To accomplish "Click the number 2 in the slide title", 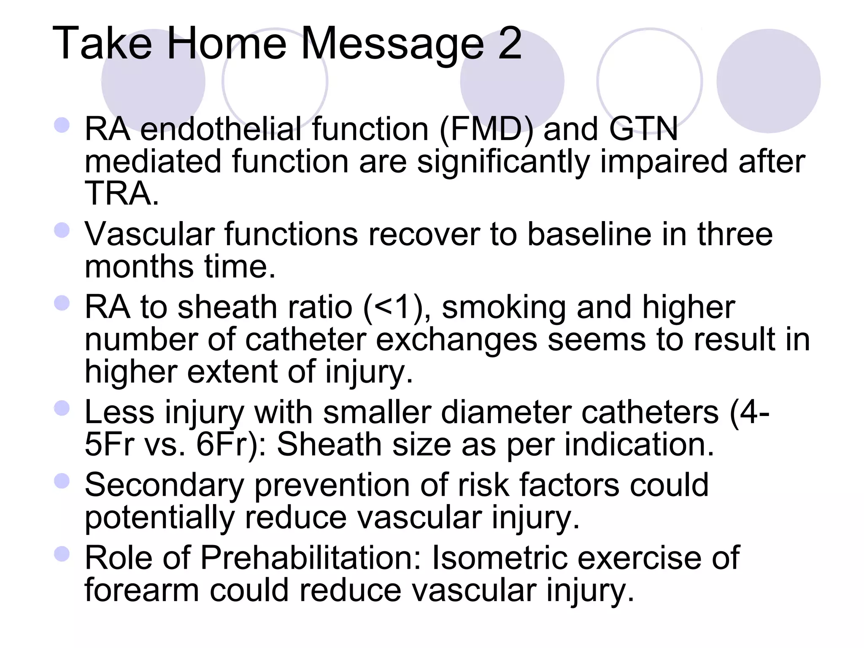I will (510, 43).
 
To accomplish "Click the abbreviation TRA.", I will (121, 194).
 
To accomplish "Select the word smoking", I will (504, 308).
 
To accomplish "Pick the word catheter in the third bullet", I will (305, 340).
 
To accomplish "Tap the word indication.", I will (639, 445).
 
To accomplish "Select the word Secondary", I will (165, 486).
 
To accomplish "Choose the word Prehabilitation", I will (311, 558).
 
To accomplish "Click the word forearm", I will (142, 590).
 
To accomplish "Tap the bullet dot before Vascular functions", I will (62, 230).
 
